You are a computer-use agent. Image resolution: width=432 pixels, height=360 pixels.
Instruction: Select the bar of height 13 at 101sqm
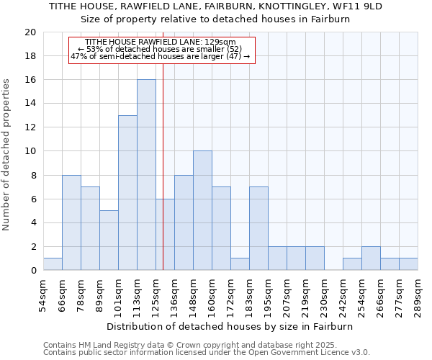tap(127, 193)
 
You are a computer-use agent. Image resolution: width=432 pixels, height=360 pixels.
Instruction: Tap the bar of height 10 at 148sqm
tap(202, 210)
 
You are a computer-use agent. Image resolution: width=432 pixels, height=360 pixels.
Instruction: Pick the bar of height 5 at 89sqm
tap(109, 240)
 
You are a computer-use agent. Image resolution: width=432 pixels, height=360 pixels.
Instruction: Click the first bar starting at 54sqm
tap(53, 264)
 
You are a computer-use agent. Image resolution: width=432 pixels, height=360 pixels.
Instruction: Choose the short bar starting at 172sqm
tap(240, 264)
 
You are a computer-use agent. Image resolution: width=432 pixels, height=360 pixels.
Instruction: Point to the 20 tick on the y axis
tap(30, 32)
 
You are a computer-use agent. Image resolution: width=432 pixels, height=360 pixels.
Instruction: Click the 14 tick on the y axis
tap(30, 104)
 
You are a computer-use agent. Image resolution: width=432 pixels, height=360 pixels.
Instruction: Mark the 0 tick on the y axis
tap(33, 271)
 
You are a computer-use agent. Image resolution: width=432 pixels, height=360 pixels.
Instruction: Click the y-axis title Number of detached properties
tap(7, 154)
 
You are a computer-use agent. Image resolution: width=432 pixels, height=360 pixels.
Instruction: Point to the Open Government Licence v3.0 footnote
tap(207, 352)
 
